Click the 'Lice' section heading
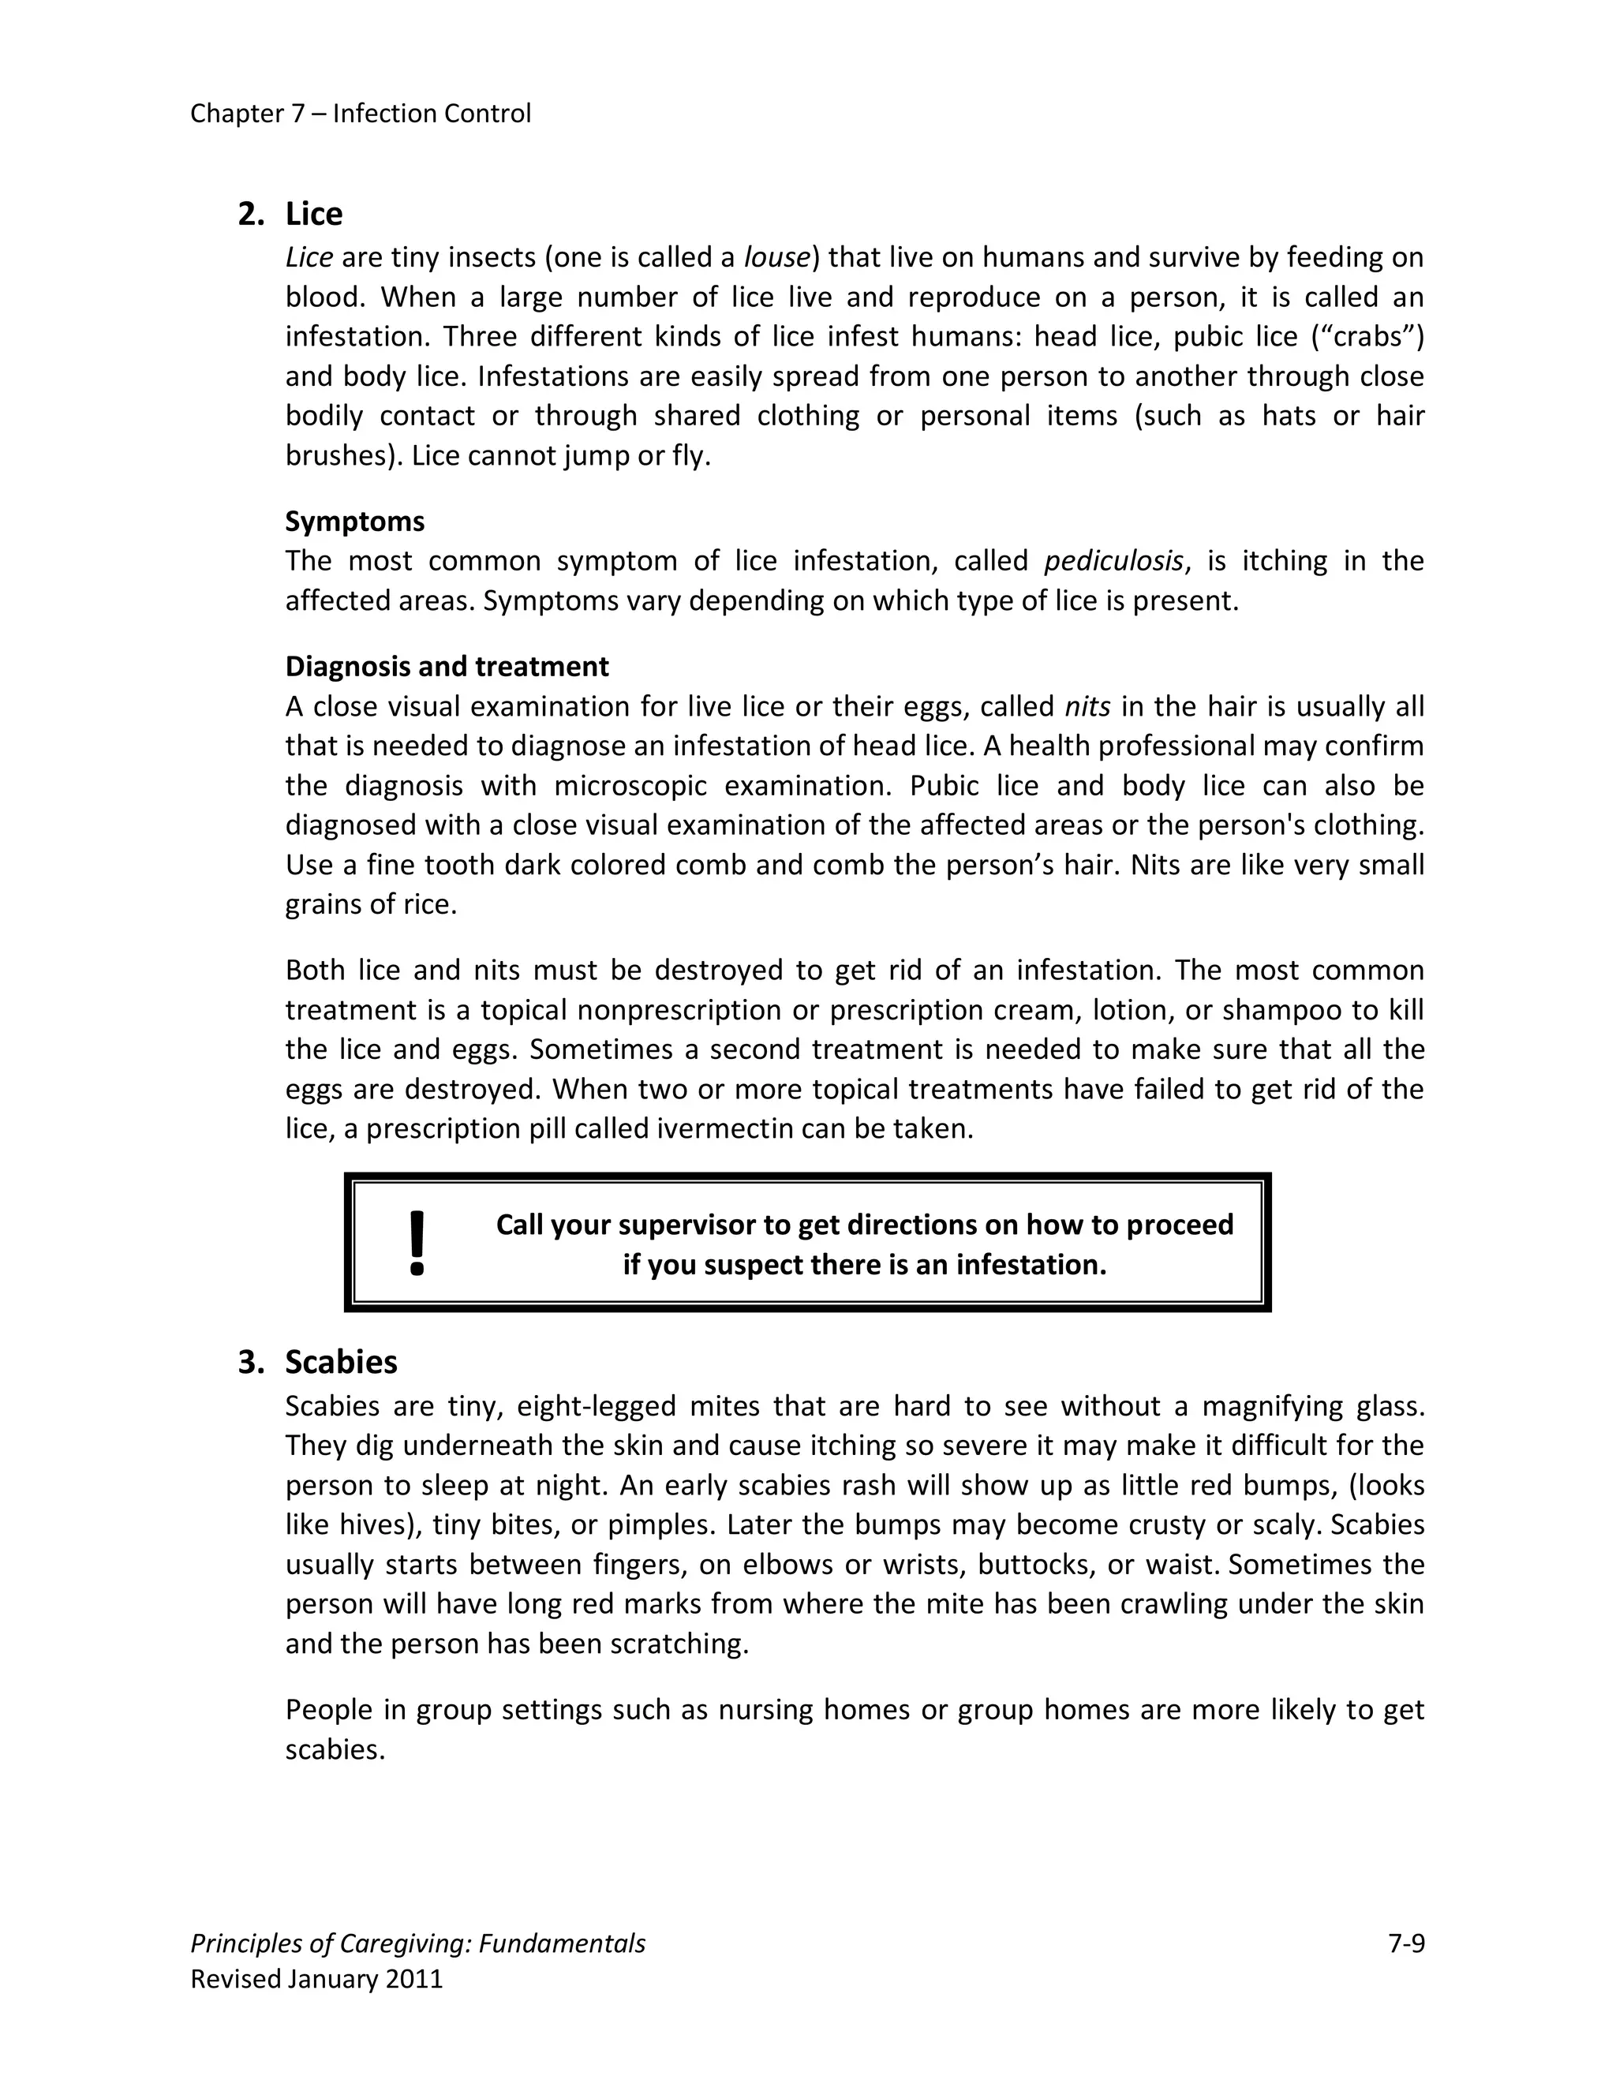tap(313, 214)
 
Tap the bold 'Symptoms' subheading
tap(354, 522)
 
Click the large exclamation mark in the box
tap(417, 1243)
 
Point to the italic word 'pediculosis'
tap(1113, 561)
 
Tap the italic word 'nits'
tap(1087, 706)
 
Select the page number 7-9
tap(1405, 1943)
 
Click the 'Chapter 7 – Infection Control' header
tap(360, 114)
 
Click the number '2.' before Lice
tap(251, 214)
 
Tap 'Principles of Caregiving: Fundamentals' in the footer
tap(417, 1943)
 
